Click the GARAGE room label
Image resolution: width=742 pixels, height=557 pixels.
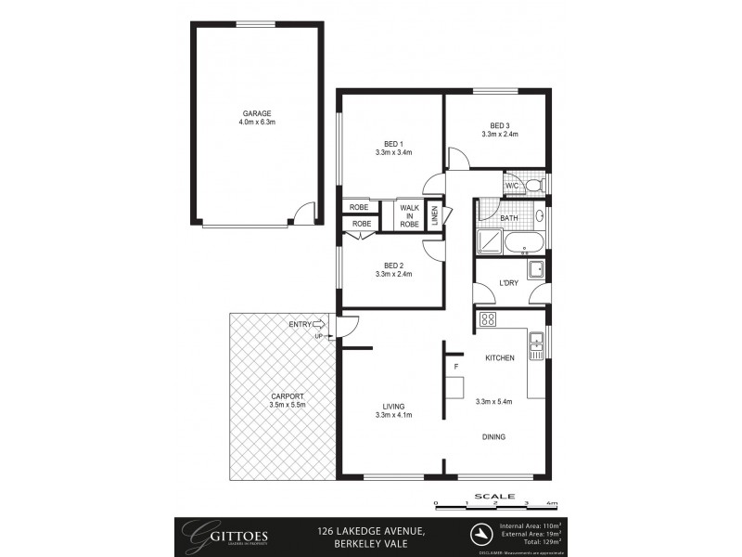pyautogui.click(x=256, y=113)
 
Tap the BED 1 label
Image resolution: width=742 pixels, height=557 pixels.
pyautogui.click(x=393, y=143)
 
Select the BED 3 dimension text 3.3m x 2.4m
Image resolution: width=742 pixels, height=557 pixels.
pyautogui.click(x=499, y=135)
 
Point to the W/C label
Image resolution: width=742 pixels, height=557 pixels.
pyautogui.click(x=511, y=187)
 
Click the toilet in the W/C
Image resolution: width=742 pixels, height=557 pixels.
pyautogui.click(x=532, y=186)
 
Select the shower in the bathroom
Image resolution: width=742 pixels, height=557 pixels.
pyautogui.click(x=489, y=242)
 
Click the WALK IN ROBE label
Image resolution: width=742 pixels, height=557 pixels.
pyautogui.click(x=409, y=215)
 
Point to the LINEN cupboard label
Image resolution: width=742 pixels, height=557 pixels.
pyautogui.click(x=434, y=216)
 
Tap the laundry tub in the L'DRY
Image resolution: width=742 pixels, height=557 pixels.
pyautogui.click(x=535, y=270)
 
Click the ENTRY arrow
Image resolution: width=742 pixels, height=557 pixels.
pyautogui.click(x=320, y=324)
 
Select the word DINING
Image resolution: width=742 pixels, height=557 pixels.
pyautogui.click(x=493, y=436)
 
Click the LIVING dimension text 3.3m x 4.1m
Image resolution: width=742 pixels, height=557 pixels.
pyautogui.click(x=393, y=414)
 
